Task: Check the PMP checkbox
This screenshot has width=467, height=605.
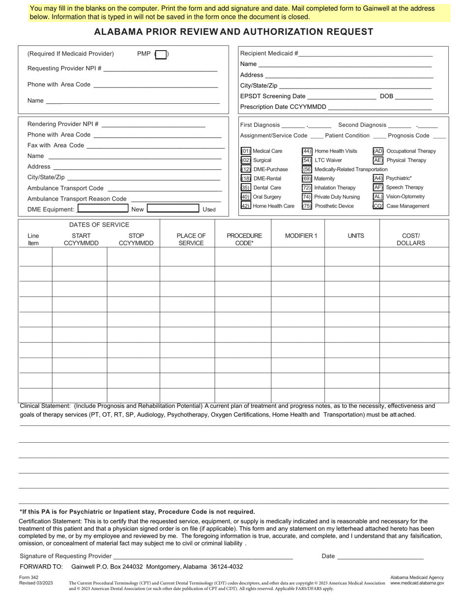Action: pos(161,55)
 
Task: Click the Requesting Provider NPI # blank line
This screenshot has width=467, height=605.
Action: pos(160,69)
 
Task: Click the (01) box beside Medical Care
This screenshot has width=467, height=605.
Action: pos(246,151)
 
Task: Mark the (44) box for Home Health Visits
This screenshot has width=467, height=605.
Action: pos(307,151)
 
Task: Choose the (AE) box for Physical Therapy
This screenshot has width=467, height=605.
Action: pos(378,160)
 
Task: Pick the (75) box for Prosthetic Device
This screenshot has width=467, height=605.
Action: pos(307,206)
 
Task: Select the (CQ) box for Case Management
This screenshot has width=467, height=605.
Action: pos(378,206)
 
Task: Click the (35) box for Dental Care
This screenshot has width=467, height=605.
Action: pos(246,187)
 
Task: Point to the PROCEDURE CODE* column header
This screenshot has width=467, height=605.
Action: pos(244,239)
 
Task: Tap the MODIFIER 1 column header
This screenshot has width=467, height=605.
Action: pos(301,236)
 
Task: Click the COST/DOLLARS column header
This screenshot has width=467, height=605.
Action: pos(410,239)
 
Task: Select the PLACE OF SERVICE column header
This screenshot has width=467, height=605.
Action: pos(191,239)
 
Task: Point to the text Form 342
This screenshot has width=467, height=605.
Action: pos(29,577)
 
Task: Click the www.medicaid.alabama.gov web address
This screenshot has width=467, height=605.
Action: pos(417,583)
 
